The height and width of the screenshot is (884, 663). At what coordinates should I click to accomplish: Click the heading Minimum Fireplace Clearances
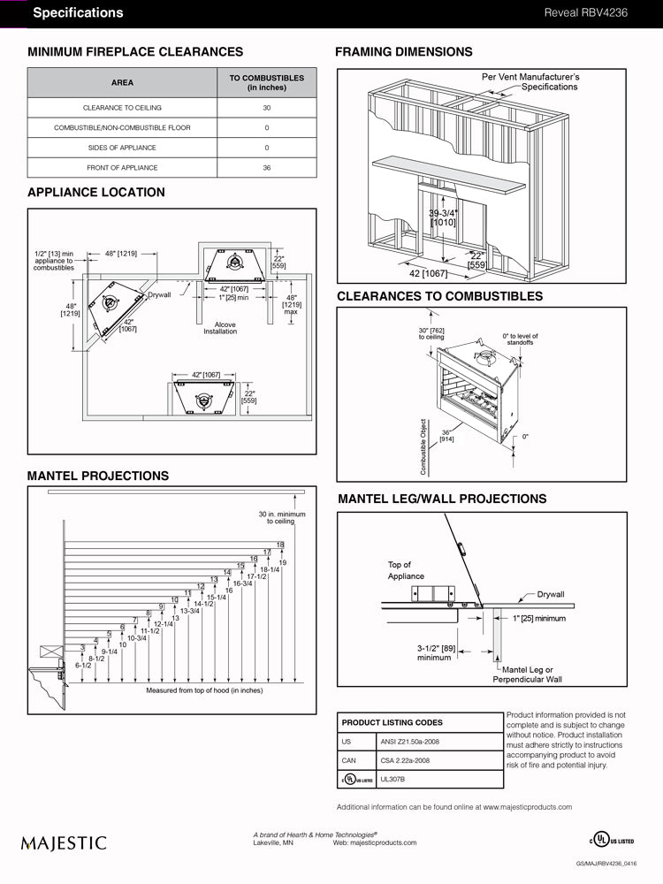tap(135, 52)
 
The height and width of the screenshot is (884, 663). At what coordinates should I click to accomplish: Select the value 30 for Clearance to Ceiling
tap(267, 108)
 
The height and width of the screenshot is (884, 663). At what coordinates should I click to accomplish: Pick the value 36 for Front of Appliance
tap(267, 168)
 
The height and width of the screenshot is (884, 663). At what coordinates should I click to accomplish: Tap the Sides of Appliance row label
tap(122, 148)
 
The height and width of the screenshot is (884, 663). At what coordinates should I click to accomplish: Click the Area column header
tap(122, 83)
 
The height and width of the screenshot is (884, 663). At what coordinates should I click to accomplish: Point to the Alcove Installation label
tap(220, 328)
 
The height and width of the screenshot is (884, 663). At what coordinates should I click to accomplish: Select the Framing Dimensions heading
tap(403, 52)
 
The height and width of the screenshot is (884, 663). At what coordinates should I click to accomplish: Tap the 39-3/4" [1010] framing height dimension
tap(444, 218)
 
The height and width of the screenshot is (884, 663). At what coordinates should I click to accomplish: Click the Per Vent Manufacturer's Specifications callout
tap(530, 82)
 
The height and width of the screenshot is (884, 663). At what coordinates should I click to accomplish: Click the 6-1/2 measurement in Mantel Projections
tap(83, 665)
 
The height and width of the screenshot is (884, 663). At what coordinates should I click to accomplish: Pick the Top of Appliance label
tap(406, 570)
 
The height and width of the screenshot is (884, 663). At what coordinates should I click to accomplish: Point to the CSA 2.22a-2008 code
tap(403, 760)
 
